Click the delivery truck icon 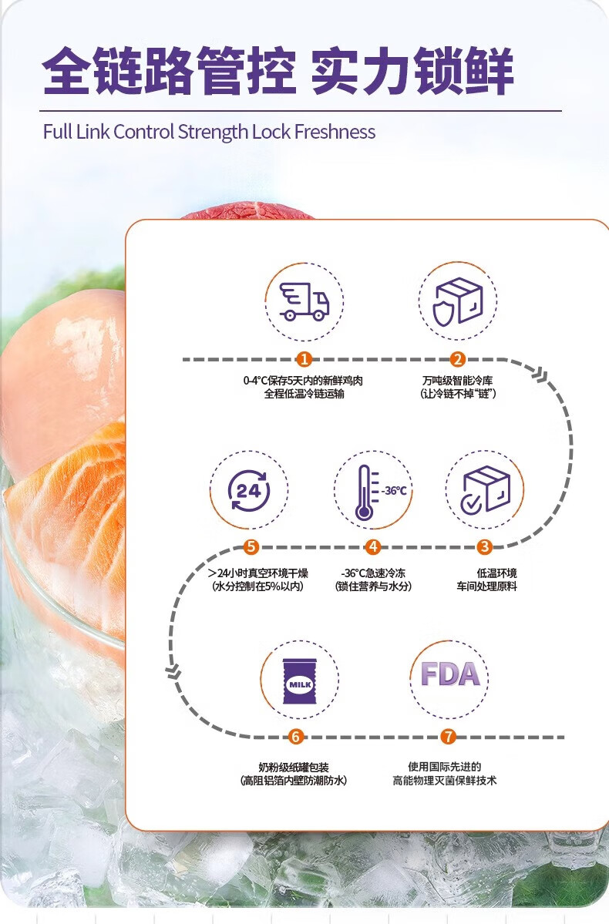coord(304,301)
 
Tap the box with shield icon coord(458,301)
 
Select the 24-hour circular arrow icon coord(248,490)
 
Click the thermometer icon coord(364,491)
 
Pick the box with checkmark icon coord(485,490)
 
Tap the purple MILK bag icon coord(298,680)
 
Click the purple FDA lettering coord(449,674)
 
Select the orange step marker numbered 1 coord(304,359)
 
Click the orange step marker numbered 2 coord(458,359)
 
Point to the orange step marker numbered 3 coord(484,547)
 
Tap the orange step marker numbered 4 coord(373,547)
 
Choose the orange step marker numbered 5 coord(250,547)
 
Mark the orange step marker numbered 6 coord(296,738)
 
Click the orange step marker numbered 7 coord(449,738)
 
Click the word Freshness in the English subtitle coord(337,132)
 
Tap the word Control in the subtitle coord(144,132)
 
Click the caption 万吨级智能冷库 coord(458,381)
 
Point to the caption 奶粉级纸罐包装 coord(293,768)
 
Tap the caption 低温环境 coord(496,573)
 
